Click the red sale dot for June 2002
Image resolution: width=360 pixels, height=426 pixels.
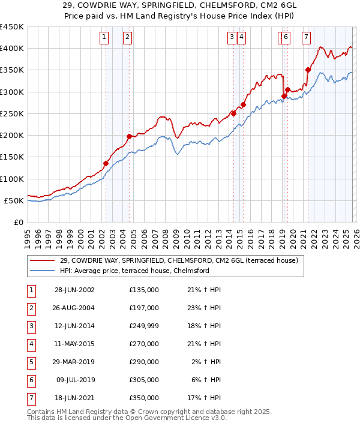[106, 163]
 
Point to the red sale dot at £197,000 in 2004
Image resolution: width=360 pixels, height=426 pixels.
[129, 136]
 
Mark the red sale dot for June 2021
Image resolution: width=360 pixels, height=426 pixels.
[308, 69]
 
